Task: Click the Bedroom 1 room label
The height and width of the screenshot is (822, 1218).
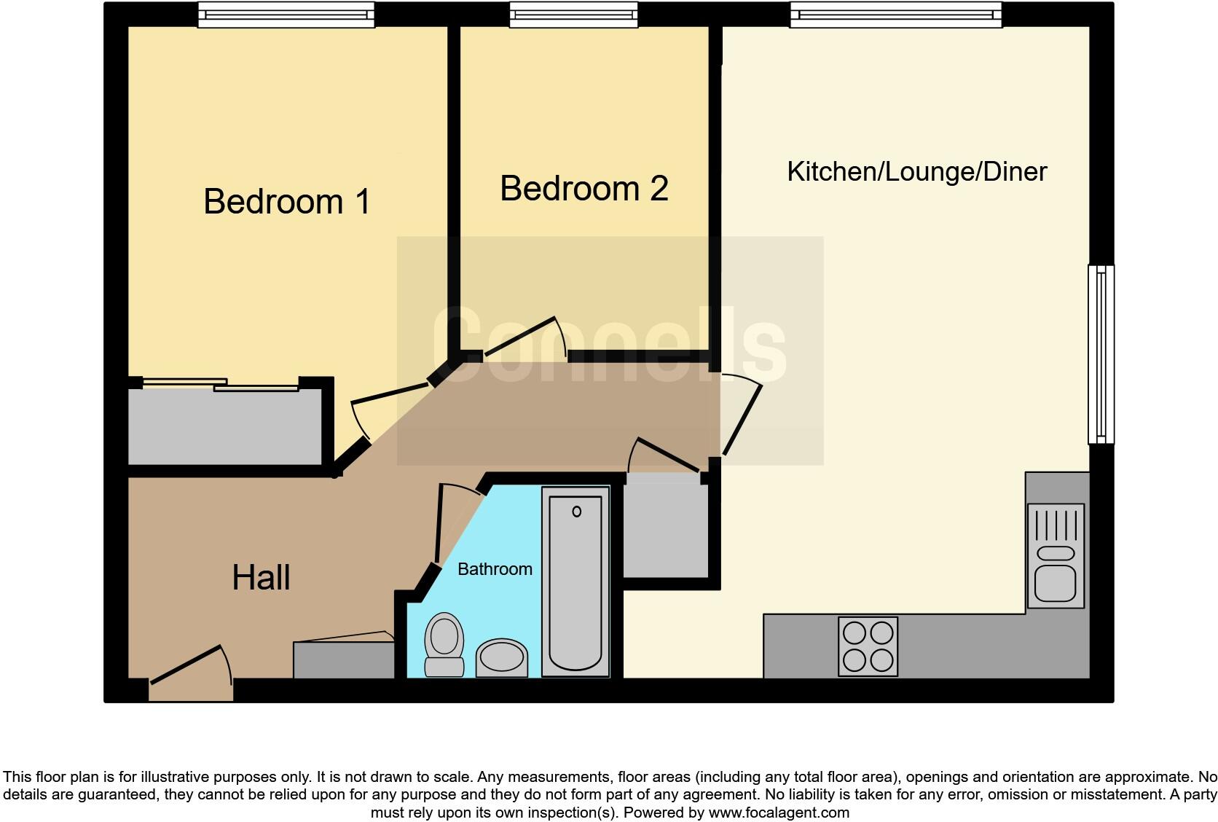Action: tap(287, 201)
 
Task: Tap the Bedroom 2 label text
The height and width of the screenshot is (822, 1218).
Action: tap(584, 189)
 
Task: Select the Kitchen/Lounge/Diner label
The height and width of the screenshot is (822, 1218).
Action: tap(916, 172)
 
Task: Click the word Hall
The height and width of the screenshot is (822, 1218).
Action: tap(261, 578)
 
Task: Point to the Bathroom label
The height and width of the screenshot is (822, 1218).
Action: tap(495, 569)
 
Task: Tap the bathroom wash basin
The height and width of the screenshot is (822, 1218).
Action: tap(502, 658)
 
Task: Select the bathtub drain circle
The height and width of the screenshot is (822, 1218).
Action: tap(577, 512)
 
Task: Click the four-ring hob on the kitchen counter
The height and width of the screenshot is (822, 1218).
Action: tap(868, 646)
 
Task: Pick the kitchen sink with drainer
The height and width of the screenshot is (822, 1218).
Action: tap(1056, 556)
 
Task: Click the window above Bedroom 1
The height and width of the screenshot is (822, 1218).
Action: tap(286, 14)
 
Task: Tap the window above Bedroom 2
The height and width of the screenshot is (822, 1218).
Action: tap(573, 14)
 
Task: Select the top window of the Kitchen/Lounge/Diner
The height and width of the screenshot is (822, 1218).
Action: tap(895, 14)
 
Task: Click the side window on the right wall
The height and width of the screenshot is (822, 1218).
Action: tap(1101, 354)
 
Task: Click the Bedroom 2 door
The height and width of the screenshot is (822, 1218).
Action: tap(522, 337)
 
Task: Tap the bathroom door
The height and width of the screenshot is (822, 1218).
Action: tap(440, 523)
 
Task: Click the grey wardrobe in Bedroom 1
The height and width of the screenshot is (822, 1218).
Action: tap(225, 427)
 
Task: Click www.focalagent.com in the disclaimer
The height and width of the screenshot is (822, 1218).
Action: tap(779, 813)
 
